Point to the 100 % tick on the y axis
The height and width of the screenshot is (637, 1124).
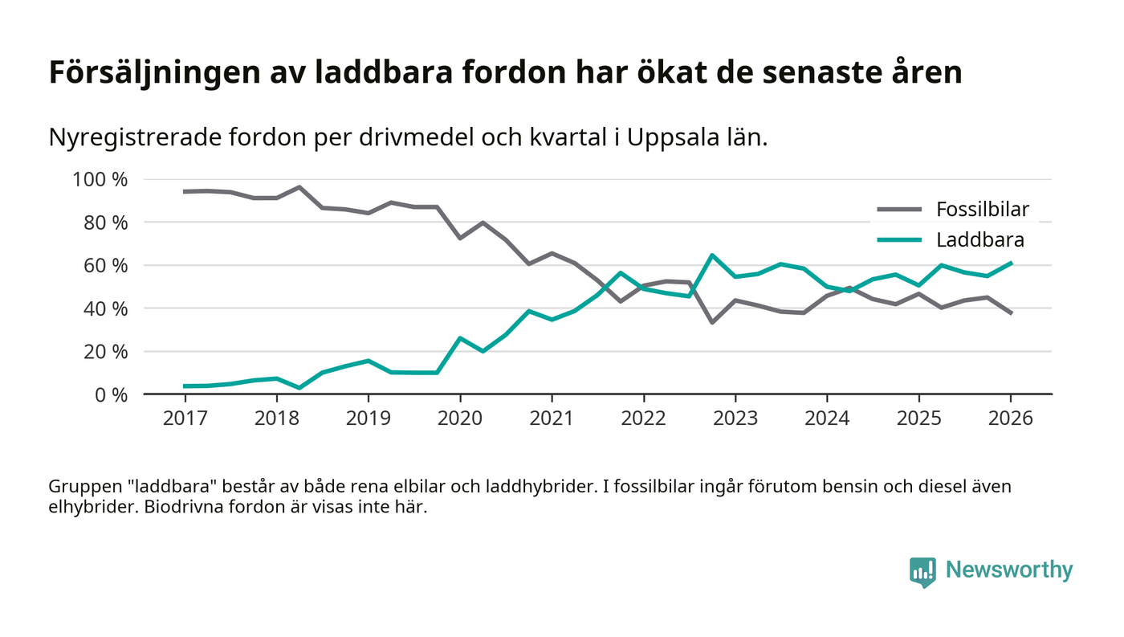pos(100,179)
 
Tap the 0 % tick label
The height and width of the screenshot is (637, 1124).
pos(108,394)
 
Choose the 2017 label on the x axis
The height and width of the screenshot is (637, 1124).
pos(185,419)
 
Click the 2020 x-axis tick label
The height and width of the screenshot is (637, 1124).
pos(460,419)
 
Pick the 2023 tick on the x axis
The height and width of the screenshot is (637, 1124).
pos(735,419)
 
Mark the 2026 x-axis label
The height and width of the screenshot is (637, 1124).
pos(1011,419)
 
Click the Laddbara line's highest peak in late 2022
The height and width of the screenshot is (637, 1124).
pos(712,255)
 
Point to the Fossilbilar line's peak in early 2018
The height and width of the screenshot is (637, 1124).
pos(299,187)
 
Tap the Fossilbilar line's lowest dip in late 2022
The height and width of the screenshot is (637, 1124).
pos(712,322)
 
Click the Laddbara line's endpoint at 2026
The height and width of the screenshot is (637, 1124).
pos(1011,263)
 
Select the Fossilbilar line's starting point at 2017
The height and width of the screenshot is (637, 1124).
pos(185,191)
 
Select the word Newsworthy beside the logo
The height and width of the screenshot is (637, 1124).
pos(1008,570)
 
